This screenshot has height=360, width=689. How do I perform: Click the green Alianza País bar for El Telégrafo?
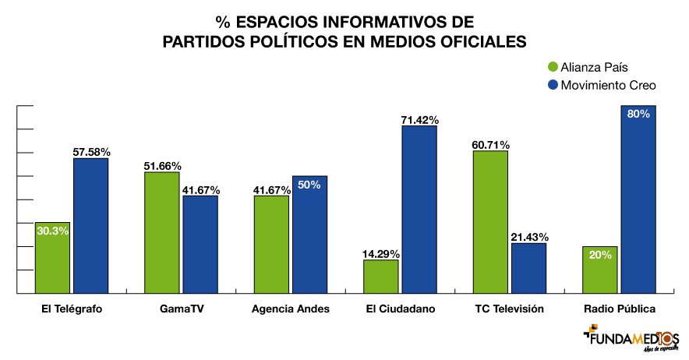point(52,258)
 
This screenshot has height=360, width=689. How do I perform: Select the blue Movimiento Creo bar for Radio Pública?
point(638,199)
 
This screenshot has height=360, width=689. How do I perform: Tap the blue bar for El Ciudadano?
point(419,210)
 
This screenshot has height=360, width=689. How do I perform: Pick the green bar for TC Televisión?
point(490,222)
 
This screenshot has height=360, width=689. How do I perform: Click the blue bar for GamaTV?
point(200,245)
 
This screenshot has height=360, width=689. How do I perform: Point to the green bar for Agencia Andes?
point(271,245)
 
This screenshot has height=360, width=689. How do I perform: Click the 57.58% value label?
point(91,151)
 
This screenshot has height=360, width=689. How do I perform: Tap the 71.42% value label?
point(420,120)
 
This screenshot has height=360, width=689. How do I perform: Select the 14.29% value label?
point(381,253)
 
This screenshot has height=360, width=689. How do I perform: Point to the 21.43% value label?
point(529,237)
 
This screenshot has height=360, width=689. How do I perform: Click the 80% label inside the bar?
point(638,114)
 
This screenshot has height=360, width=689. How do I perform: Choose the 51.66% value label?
point(162,166)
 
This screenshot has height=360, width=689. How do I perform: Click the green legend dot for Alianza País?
point(553,68)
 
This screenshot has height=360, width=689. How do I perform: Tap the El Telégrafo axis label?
point(72,309)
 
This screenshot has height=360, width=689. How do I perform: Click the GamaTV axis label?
point(182,309)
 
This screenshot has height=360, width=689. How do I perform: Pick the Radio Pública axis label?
point(620,309)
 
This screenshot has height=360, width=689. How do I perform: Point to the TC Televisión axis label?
point(509,309)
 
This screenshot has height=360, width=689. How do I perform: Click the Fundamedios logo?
point(632,339)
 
